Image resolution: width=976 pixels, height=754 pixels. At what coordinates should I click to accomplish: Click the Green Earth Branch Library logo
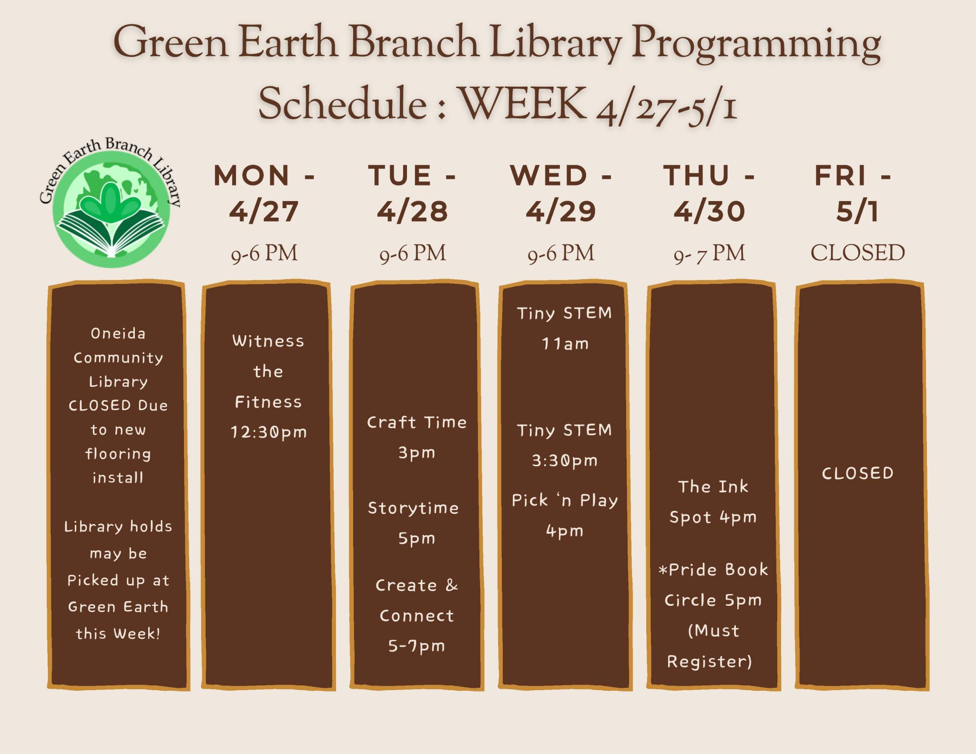[x=111, y=202]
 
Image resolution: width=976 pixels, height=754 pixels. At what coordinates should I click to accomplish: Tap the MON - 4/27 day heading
[x=264, y=193]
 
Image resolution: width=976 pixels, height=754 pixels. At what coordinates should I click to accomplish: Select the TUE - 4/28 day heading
[x=413, y=193]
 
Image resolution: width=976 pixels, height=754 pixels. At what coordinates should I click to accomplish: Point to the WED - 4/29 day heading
[x=561, y=193]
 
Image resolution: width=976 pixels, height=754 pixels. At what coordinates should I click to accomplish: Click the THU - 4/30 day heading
[x=709, y=193]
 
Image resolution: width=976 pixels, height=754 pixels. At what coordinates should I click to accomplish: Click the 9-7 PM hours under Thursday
[x=709, y=253]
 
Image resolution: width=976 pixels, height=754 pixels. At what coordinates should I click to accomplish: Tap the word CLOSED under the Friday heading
[x=857, y=252]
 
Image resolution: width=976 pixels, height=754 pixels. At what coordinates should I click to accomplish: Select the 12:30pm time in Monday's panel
[x=269, y=432]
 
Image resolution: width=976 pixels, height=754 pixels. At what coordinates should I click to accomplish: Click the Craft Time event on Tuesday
[x=417, y=422]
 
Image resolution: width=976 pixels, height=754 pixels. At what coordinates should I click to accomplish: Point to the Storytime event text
[x=413, y=508]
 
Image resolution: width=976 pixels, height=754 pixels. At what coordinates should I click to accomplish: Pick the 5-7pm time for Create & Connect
[x=417, y=646]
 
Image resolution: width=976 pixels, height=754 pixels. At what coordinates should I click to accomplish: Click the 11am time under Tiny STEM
[x=565, y=343]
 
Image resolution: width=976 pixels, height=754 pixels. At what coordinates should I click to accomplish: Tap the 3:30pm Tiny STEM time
[x=565, y=461]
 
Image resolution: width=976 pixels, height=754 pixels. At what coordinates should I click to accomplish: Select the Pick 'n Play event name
[x=565, y=500]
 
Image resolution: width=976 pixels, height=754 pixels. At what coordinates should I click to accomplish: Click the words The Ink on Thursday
[x=713, y=486]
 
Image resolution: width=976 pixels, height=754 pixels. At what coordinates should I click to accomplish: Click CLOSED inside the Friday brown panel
[x=857, y=473]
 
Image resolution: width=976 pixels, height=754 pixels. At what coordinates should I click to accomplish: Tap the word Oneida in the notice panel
[x=118, y=333]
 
